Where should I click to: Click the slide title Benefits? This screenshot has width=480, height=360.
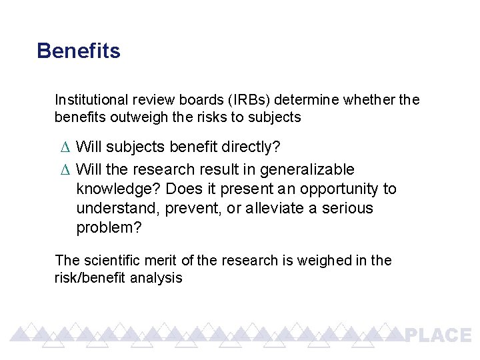pyautogui.click(x=79, y=51)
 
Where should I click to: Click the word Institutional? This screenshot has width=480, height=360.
pyautogui.click(x=91, y=100)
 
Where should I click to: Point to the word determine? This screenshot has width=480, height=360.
pyautogui.click(x=306, y=100)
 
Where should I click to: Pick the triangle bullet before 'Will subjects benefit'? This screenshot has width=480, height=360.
pyautogui.click(x=64, y=146)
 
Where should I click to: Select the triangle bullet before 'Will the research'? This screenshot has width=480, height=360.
pyautogui.click(x=64, y=170)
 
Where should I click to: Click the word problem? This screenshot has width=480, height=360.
pyautogui.click(x=109, y=228)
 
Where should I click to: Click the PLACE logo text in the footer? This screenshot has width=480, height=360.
pyautogui.click(x=438, y=335)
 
